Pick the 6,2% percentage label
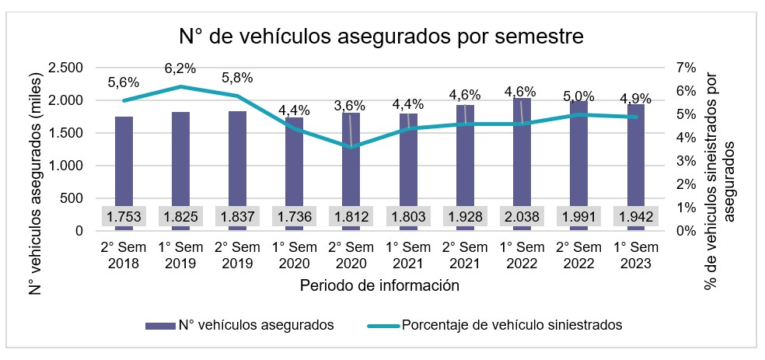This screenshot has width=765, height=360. pos(180,69)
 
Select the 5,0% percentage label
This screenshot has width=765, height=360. pos(578,96)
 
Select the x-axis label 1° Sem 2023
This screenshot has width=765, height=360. pos(635,256)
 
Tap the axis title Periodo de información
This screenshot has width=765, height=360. pos(379,285)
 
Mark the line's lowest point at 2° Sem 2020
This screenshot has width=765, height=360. pos(351,147)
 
